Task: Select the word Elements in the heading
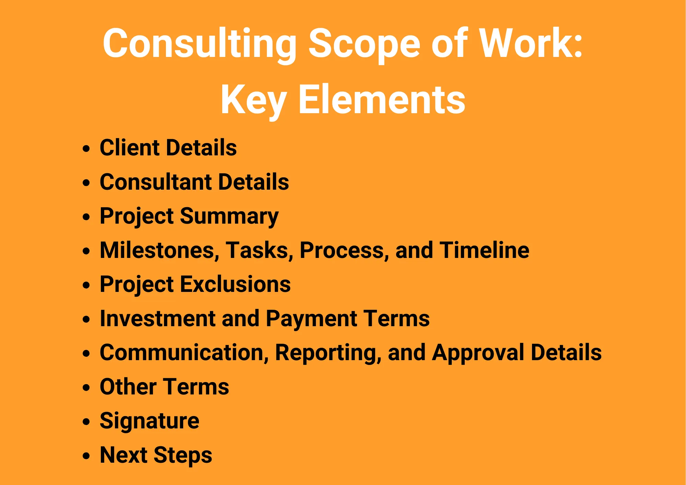click(382, 99)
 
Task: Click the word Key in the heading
click(253, 101)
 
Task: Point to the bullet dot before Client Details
click(86, 149)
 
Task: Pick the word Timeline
click(485, 250)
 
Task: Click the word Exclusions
click(235, 284)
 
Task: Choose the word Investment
click(157, 318)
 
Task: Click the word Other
click(128, 387)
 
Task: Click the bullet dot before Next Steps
click(86, 456)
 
